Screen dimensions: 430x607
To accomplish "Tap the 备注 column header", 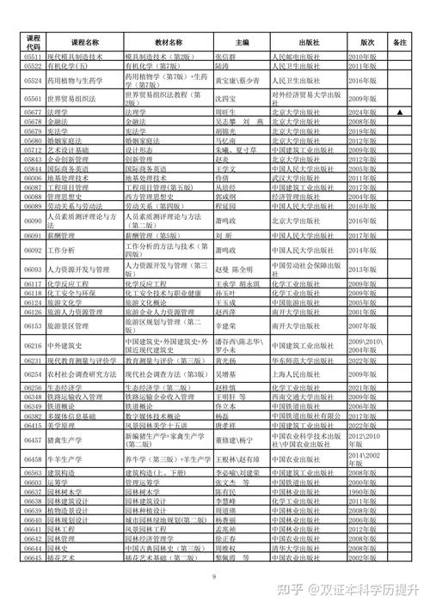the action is tap(399, 41).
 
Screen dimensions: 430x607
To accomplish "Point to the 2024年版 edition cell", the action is tap(362, 112).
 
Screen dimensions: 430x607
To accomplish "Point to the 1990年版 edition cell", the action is tap(362, 492).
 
